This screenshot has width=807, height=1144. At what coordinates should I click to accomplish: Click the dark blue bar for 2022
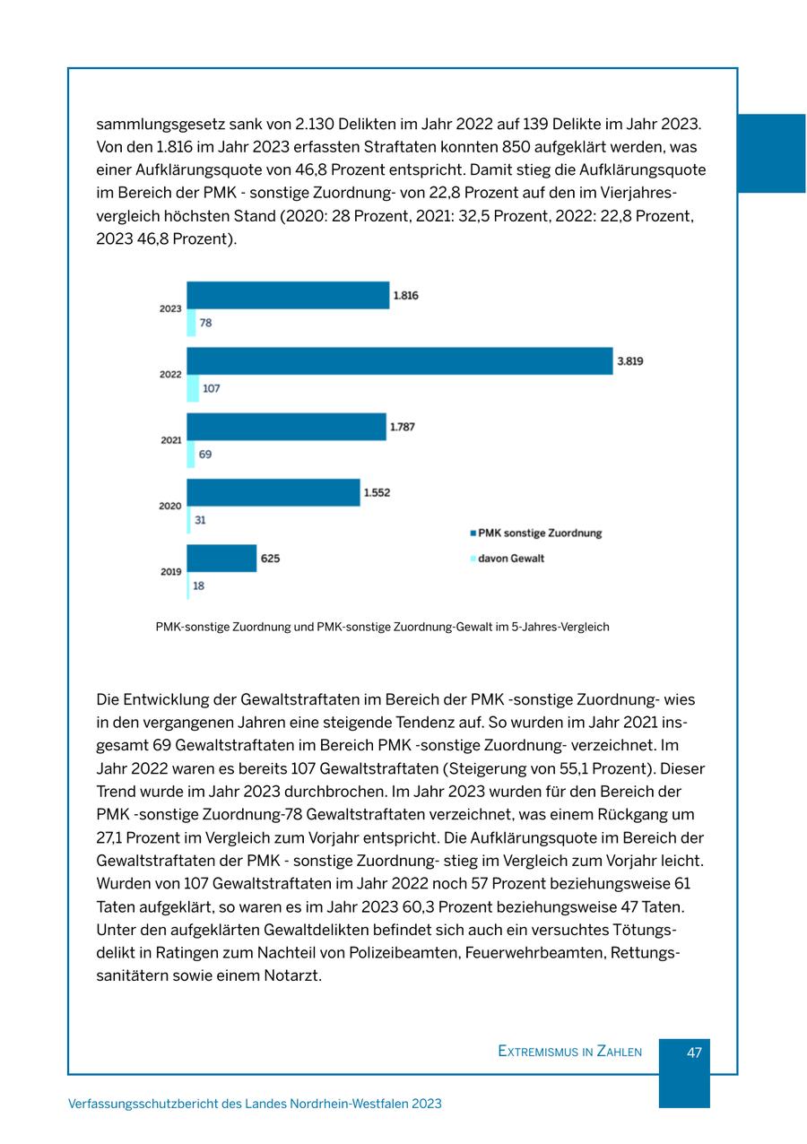tap(399, 361)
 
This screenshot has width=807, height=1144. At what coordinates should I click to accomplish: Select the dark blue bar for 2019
tap(221, 559)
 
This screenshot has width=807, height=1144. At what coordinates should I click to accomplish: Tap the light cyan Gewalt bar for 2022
tap(193, 389)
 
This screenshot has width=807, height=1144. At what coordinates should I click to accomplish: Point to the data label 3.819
tap(629, 361)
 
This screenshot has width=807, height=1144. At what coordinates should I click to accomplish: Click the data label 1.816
tap(405, 295)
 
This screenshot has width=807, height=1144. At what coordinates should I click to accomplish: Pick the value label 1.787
tap(402, 428)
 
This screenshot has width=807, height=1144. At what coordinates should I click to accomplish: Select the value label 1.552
tap(377, 492)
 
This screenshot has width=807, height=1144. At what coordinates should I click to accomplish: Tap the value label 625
tap(270, 559)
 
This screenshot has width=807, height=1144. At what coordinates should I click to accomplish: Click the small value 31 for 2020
tap(200, 520)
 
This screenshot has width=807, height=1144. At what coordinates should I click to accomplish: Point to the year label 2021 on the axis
tap(171, 440)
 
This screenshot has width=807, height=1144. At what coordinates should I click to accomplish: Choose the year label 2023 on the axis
tap(170, 308)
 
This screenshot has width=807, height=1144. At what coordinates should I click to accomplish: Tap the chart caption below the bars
tap(382, 627)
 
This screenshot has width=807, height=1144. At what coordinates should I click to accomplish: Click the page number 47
tap(694, 1053)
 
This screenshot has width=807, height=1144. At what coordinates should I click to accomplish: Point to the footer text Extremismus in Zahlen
tap(569, 1052)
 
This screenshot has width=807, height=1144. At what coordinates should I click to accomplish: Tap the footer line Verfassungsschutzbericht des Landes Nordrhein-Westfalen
tap(255, 1104)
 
